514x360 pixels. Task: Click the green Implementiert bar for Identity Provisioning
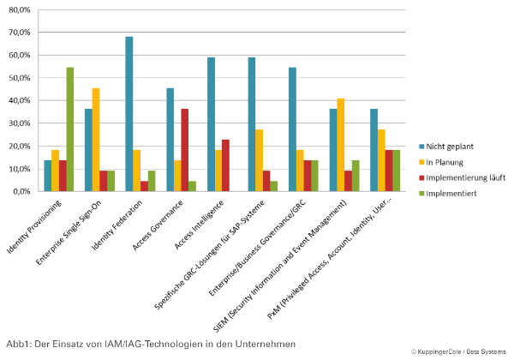point(70,129)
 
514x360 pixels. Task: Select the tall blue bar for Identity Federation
point(129,114)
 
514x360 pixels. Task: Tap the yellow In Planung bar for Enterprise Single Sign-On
point(96,140)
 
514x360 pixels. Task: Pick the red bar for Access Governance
point(184,150)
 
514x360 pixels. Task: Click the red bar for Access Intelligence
point(225,165)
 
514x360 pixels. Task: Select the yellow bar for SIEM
point(341,145)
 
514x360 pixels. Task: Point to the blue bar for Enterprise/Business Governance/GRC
point(292,129)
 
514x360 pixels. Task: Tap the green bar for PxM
point(397,171)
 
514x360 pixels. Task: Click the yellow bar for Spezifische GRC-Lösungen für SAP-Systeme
point(259,160)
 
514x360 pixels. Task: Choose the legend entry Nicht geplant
point(446,147)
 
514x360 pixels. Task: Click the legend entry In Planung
point(441,162)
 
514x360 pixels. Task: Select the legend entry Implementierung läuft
point(463,177)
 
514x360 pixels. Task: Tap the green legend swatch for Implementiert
point(421,194)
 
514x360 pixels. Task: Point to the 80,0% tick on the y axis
point(20,9)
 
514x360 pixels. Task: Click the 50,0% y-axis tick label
point(20,78)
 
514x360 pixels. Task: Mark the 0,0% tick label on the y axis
point(21,191)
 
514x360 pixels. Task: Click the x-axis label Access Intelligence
point(199,225)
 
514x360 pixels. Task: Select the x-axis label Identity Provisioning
point(34,226)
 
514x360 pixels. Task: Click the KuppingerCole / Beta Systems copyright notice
point(458,351)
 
